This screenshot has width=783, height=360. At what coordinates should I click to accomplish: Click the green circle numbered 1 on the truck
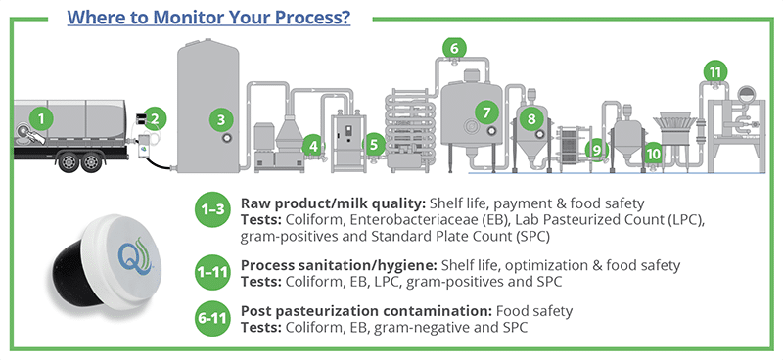tap(40, 118)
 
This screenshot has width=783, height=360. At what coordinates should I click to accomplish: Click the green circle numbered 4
tap(315, 146)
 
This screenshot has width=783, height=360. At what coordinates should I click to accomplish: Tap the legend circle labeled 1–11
tap(210, 273)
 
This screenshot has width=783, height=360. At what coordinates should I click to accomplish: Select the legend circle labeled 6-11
tap(210, 321)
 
